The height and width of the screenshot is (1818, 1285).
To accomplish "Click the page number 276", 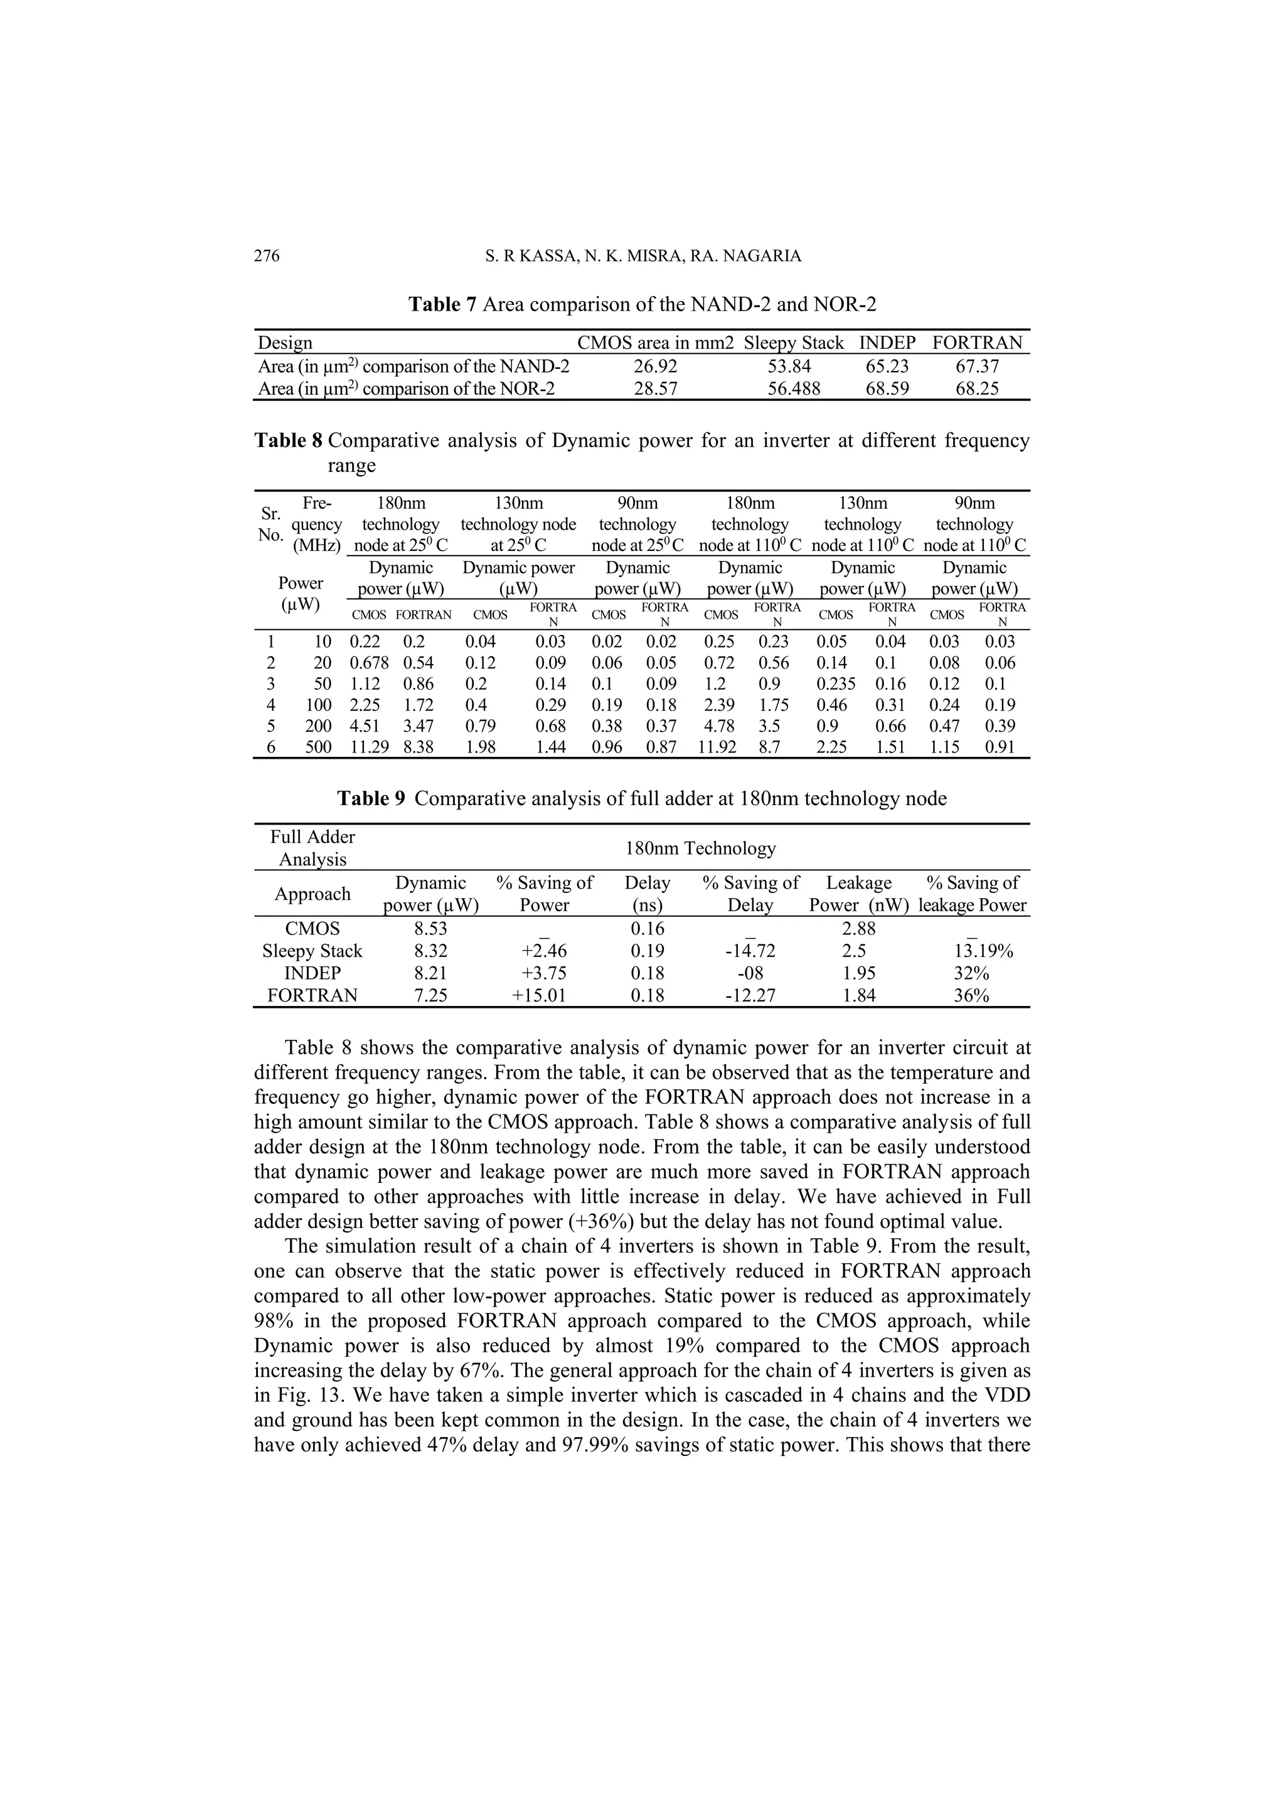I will tap(267, 257).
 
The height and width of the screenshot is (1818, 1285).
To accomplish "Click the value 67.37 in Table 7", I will tap(977, 366).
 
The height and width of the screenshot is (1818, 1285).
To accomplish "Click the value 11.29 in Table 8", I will tap(369, 747).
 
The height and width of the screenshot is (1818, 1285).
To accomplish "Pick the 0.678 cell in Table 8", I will tap(369, 663).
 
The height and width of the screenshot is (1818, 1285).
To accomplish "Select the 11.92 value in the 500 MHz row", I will tap(717, 747).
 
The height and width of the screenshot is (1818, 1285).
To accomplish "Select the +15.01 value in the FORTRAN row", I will tap(538, 996).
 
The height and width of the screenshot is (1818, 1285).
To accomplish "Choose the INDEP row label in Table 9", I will tap(312, 974).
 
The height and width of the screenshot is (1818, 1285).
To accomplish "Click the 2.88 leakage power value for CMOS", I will tap(859, 929).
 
